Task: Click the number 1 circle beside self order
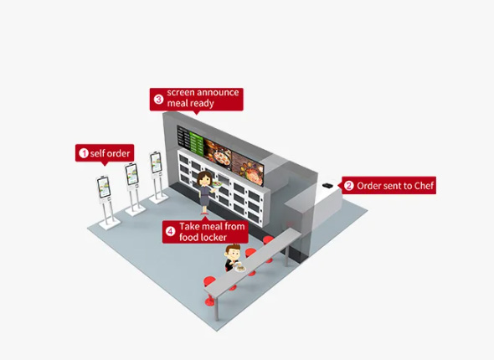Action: [x=84, y=153]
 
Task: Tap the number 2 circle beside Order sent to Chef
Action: [x=348, y=186]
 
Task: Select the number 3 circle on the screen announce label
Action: [x=158, y=100]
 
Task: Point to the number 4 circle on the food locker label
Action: [x=171, y=232]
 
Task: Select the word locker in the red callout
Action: [x=214, y=237]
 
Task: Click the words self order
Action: [x=110, y=153]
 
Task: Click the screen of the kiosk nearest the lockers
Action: [x=156, y=162]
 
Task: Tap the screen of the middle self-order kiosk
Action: [x=131, y=174]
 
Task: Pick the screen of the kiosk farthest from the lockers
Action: [x=103, y=187]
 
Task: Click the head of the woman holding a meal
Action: [x=204, y=179]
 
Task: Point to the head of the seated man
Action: [x=232, y=251]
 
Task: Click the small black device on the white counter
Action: [x=328, y=185]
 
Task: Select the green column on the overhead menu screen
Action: [x=197, y=144]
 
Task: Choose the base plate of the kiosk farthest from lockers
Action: [x=110, y=224]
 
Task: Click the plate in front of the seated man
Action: [x=240, y=269]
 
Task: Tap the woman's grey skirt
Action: [x=205, y=199]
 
